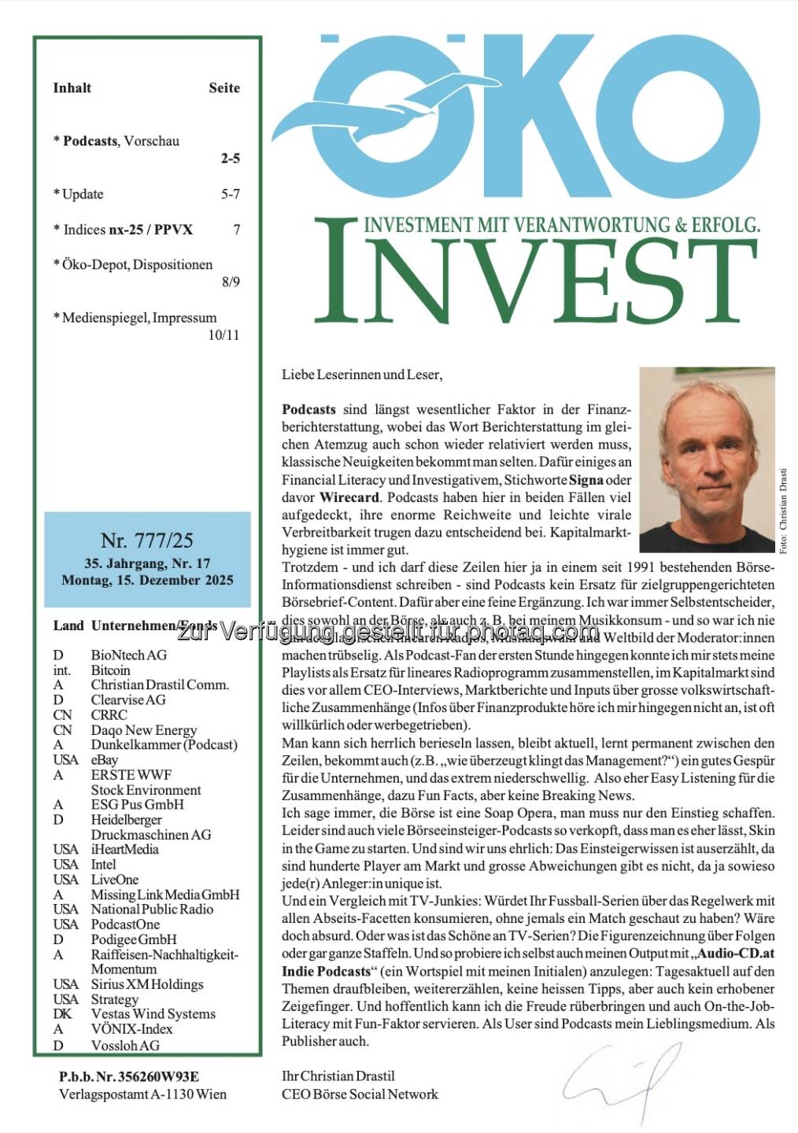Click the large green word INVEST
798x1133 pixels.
click(535, 271)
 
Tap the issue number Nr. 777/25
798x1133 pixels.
click(147, 541)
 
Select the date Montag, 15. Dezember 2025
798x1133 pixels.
click(147, 581)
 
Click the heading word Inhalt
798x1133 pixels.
click(72, 88)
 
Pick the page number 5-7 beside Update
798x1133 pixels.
click(230, 194)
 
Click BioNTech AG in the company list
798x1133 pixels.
click(129, 655)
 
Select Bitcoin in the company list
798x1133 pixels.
click(111, 670)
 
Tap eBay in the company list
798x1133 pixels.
click(105, 759)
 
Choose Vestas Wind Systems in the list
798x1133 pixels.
click(153, 1013)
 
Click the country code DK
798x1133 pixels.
click(62, 1013)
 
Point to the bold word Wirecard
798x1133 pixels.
click(350, 497)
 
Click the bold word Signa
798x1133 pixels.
click(586, 480)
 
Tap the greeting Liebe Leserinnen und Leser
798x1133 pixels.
click(362, 375)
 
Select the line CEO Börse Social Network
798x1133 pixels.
click(360, 1094)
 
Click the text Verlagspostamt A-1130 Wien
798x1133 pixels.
click(142, 1094)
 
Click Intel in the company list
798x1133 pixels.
click(103, 864)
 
